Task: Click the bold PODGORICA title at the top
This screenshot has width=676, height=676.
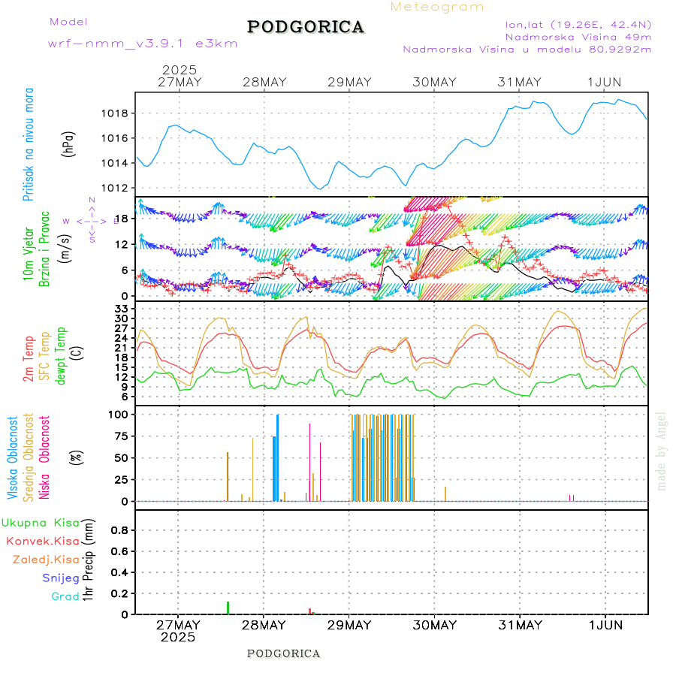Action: [x=306, y=27]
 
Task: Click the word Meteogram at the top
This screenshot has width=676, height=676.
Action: [x=437, y=7]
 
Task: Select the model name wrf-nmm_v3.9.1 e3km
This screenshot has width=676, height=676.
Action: [x=143, y=44]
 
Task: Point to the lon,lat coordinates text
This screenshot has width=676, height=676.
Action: [x=578, y=24]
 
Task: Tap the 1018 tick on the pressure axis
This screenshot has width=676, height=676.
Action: [x=118, y=113]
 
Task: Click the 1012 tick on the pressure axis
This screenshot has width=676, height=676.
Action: [x=118, y=188]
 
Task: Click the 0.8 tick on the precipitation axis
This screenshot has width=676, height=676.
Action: [x=121, y=530]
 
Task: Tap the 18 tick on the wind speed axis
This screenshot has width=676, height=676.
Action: [x=125, y=219]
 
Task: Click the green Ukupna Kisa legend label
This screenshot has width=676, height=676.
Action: [x=41, y=523]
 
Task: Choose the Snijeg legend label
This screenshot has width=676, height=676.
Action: [x=60, y=578]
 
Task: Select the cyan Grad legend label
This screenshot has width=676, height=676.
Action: [x=65, y=596]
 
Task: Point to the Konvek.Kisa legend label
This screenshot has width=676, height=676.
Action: [x=43, y=541]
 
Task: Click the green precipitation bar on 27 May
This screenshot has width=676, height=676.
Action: [x=228, y=608]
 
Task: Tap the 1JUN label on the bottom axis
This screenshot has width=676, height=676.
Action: [x=605, y=625]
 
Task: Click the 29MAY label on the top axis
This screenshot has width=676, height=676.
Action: [x=349, y=82]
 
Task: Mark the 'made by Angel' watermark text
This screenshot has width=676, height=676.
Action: [x=662, y=451]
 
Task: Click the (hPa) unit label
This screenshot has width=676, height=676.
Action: [x=68, y=143]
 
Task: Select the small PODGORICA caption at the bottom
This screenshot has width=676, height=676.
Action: [x=284, y=653]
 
